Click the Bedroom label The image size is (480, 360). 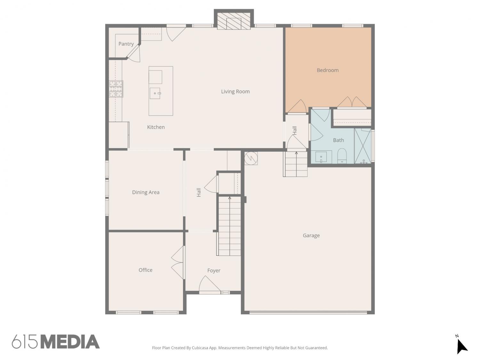pos(327,70)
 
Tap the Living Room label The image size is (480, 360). pos(235,92)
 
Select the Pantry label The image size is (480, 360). pos(126,44)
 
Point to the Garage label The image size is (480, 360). pos(311,236)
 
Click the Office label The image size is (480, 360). pos(145,270)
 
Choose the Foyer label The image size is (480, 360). pos(214,271)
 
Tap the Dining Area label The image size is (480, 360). pos(146,192)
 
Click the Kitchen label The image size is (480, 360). pos(156,127)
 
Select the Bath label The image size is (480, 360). pos(338,140)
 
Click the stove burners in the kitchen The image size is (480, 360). pos(116,89)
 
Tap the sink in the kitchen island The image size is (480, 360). pos(155,93)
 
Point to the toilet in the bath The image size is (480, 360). pos(342,156)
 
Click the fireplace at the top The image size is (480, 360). pos(234,21)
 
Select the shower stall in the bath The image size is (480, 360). pos(363,146)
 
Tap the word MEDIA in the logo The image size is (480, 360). pos(70,342)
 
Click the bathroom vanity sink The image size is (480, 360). pos(321,157)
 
